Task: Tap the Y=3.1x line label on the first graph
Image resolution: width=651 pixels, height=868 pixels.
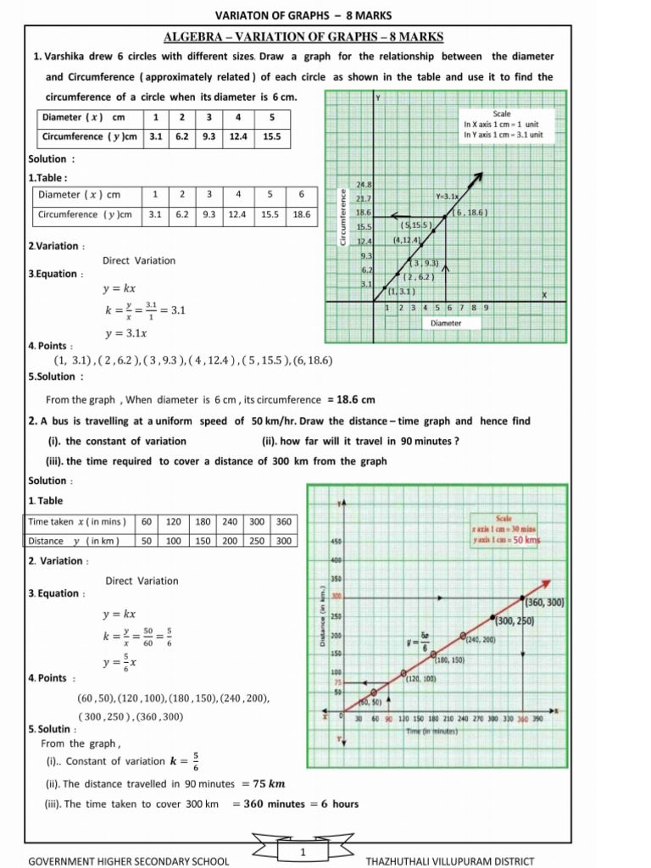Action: pos(447,196)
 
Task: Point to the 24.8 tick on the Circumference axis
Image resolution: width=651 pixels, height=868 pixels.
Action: pos(364,184)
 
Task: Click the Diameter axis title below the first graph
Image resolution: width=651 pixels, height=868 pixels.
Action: pos(446,323)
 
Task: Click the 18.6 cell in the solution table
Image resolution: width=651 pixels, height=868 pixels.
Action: pos(301,214)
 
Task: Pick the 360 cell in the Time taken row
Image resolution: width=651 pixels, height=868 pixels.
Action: pos(284,521)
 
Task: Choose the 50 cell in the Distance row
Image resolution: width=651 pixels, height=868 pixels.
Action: pos(146,540)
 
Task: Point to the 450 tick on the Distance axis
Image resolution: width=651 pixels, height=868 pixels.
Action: pos(335,541)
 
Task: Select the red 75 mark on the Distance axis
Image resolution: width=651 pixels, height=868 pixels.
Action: pos(336,682)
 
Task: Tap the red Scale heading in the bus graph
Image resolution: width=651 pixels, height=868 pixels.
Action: pos(517,518)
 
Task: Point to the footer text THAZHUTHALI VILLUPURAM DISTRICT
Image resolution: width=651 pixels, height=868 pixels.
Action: pos(449,861)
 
